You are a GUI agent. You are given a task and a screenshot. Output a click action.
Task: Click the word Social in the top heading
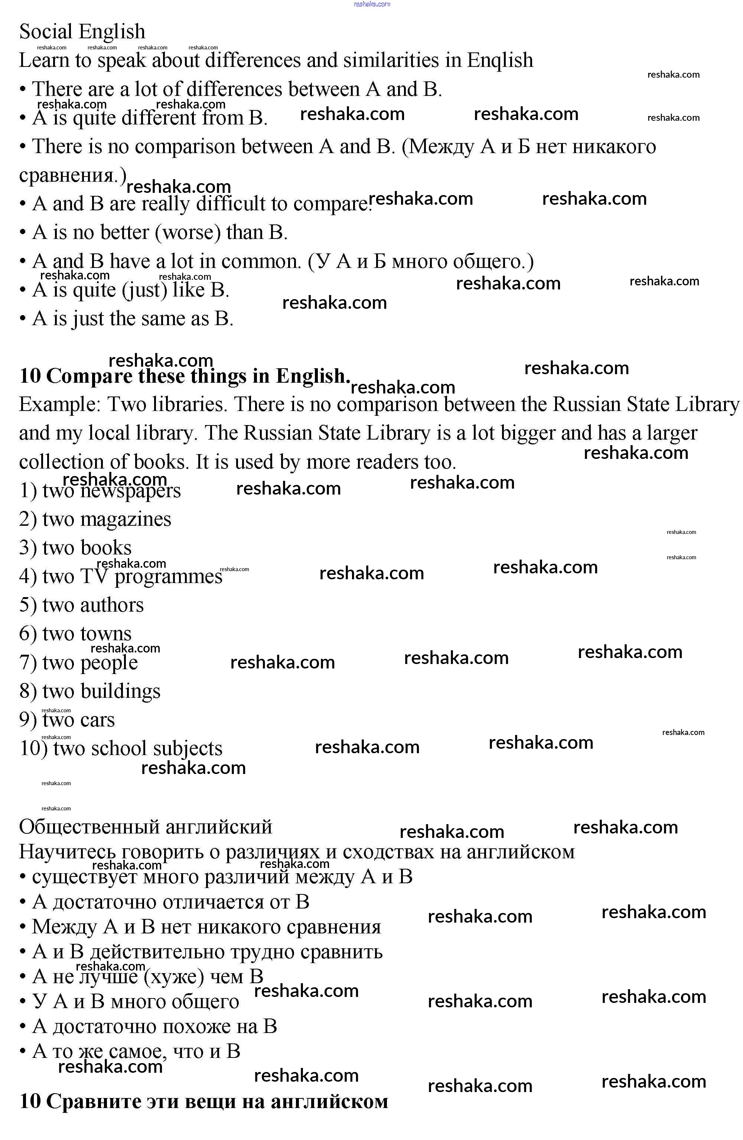pyautogui.click(x=46, y=32)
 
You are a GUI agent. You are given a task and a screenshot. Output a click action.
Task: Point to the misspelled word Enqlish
pyautogui.click(x=500, y=60)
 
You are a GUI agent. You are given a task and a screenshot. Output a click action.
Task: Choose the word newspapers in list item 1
pyautogui.click(x=130, y=490)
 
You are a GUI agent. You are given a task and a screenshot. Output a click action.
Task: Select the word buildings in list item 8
pyautogui.click(x=120, y=691)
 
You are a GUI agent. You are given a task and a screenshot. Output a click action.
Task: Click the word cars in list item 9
pyautogui.click(x=97, y=720)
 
